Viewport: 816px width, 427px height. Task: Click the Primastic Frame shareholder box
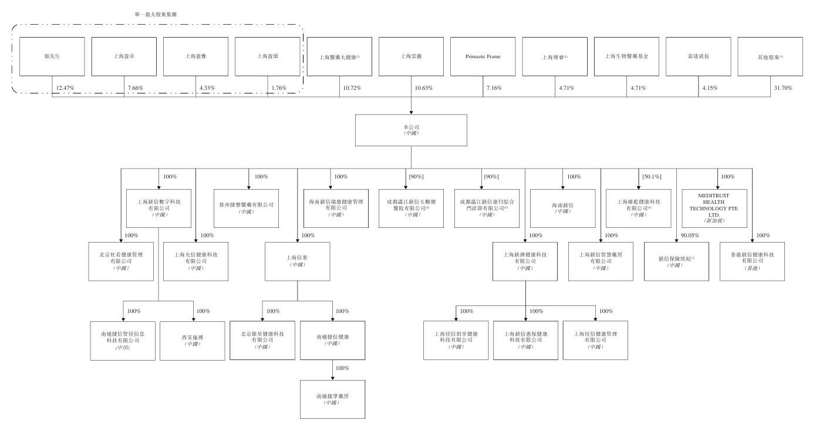483,57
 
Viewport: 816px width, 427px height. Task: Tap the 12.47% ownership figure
64,88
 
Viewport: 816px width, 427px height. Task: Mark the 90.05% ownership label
690,236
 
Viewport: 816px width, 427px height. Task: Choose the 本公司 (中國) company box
411,130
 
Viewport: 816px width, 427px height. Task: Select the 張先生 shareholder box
52,57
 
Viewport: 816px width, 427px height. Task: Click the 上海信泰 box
297,261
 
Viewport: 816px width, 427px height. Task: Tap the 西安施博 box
192,341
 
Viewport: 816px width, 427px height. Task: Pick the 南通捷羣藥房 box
332,399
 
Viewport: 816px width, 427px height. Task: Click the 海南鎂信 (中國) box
562,208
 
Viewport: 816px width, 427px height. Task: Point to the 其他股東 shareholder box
770,57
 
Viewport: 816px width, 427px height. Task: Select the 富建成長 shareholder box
698,57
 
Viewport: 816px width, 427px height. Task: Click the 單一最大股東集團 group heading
156,14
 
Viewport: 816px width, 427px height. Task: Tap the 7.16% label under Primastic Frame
495,88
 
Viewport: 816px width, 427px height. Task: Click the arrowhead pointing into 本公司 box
411,112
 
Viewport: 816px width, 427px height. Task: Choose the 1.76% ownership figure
279,88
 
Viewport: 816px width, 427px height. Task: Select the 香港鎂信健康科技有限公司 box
752,261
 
